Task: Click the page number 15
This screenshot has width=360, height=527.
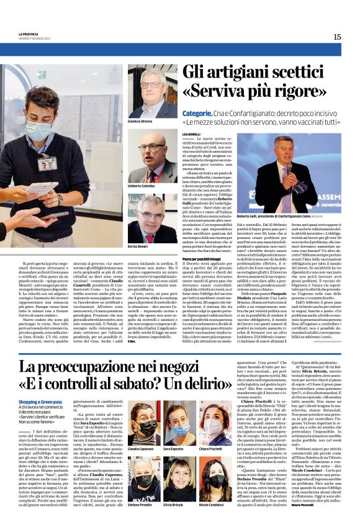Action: pyautogui.click(x=337, y=37)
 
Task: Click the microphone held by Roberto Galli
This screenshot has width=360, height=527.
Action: pyautogui.click(x=288, y=168)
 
